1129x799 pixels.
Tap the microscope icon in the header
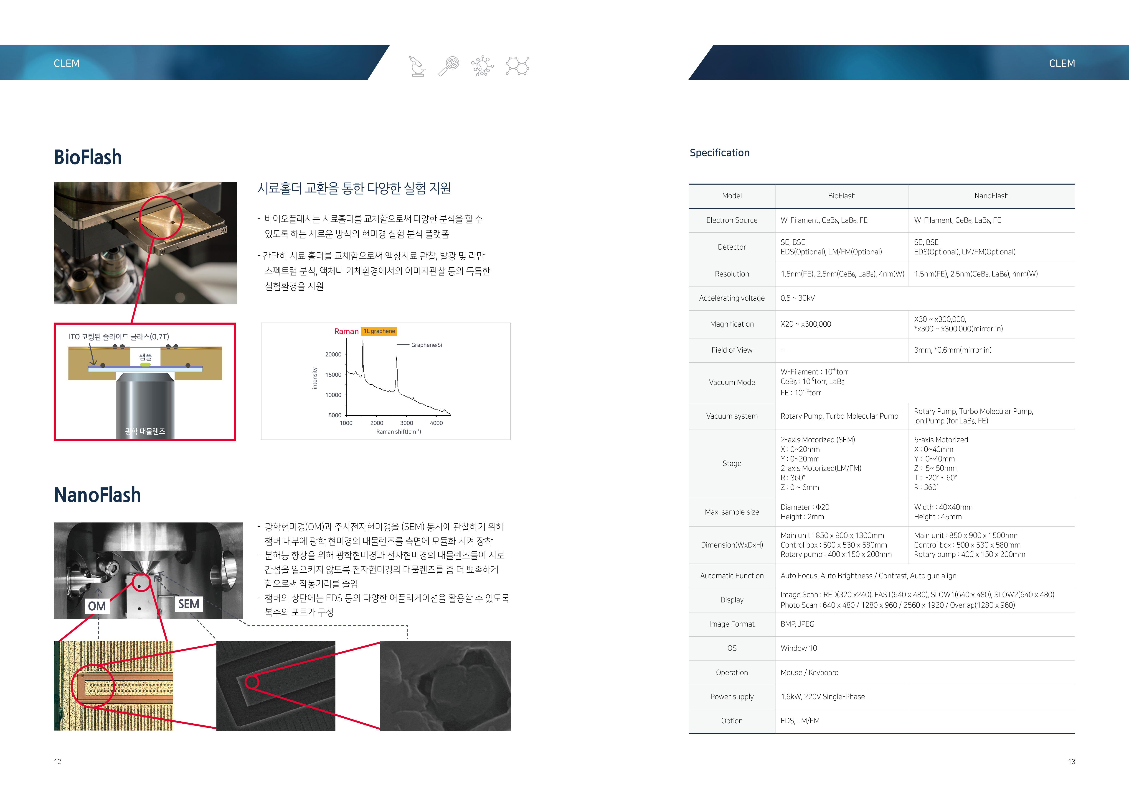point(417,66)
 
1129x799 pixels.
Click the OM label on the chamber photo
point(97,606)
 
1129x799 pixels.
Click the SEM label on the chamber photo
point(189,604)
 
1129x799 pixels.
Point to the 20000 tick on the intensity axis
point(333,354)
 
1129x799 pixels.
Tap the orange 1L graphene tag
point(379,331)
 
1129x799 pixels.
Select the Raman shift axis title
point(398,431)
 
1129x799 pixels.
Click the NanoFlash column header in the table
point(991,196)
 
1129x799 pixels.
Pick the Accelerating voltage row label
point(732,298)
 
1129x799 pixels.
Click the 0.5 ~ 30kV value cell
point(798,298)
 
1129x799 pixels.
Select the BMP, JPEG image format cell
point(797,624)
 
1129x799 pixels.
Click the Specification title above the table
point(719,153)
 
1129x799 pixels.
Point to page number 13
point(1071,762)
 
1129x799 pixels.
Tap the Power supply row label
point(732,697)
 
